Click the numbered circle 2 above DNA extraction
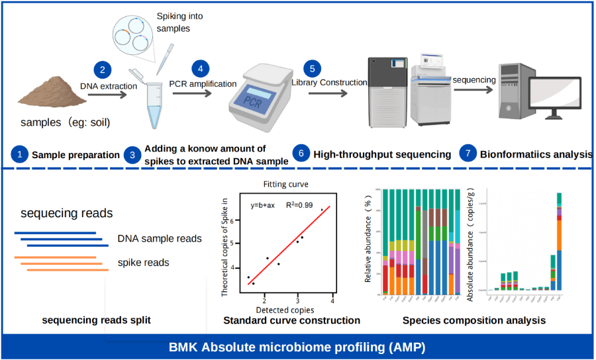click(x=102, y=69)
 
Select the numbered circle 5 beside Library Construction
click(x=312, y=68)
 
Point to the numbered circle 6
click(x=301, y=154)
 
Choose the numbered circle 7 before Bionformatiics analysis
click(x=468, y=154)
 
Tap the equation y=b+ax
click(x=264, y=205)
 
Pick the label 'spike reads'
click(x=143, y=263)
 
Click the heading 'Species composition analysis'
click(x=473, y=320)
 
